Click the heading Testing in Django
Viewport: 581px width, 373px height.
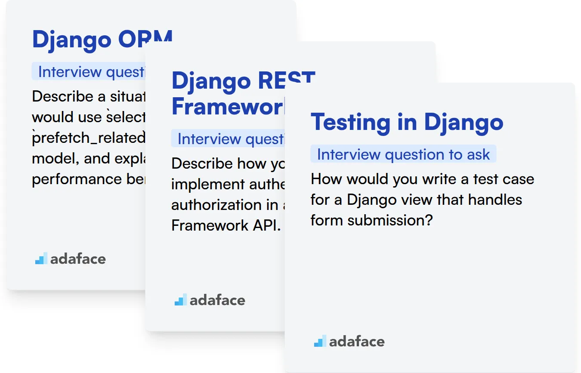[x=407, y=122]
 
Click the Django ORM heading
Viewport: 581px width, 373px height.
[x=102, y=40]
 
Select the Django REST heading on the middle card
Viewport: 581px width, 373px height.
[x=243, y=82]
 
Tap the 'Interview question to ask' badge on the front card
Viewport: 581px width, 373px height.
[x=403, y=154]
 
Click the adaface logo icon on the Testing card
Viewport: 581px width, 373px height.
[x=320, y=342]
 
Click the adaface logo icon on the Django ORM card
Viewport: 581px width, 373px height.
[x=41, y=259]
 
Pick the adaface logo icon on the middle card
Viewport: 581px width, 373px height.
[x=180, y=300]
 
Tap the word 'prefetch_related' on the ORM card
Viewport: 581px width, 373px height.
[x=89, y=138]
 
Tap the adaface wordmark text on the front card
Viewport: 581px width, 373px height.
[x=357, y=342]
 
